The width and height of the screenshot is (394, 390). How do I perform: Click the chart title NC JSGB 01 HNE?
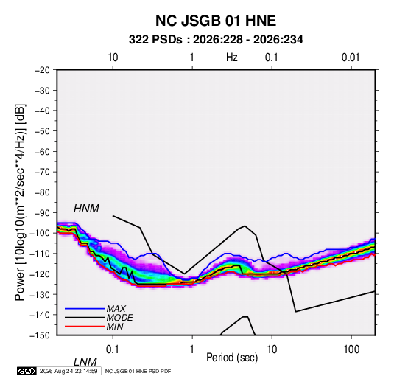pyautogui.click(x=216, y=21)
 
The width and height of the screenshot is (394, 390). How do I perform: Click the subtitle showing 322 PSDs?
pyautogui.click(x=216, y=40)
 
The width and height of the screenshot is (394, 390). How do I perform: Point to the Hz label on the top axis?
pyautogui.click(x=232, y=58)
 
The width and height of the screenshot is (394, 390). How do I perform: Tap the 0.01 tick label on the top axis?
pyautogui.click(x=351, y=58)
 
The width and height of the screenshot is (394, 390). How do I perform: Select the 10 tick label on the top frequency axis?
pyautogui.click(x=113, y=58)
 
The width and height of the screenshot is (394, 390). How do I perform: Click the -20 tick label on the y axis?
pyautogui.click(x=42, y=70)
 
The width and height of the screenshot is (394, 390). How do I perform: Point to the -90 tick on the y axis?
pyautogui.click(x=42, y=212)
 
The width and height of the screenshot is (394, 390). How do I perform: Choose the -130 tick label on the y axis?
pyautogui.click(x=40, y=294)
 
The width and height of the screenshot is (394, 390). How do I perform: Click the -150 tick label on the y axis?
pyautogui.click(x=40, y=335)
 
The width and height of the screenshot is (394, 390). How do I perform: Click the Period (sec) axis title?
pyautogui.click(x=232, y=358)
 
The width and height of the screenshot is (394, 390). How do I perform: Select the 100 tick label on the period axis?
pyautogui.click(x=351, y=349)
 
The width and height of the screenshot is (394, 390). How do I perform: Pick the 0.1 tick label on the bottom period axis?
pyautogui.click(x=112, y=349)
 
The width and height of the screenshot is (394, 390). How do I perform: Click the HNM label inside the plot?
pyautogui.click(x=86, y=209)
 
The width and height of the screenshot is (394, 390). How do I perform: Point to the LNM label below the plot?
pyautogui.click(x=85, y=362)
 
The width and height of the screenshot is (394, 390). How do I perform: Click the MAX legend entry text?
pyautogui.click(x=116, y=308)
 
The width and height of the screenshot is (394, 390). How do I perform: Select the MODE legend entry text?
pyautogui.click(x=119, y=318)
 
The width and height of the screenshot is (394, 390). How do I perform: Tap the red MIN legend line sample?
pyautogui.click(x=85, y=327)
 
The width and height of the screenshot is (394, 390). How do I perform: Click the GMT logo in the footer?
pyautogui.click(x=27, y=371)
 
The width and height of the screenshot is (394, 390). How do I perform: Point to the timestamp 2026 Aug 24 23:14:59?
pyautogui.click(x=68, y=371)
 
